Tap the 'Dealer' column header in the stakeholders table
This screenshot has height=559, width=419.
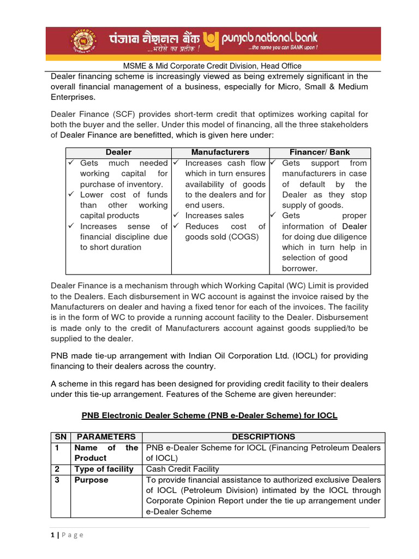point(118,152)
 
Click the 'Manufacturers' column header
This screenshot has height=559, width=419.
point(220,152)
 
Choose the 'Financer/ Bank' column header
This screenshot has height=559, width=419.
point(320,152)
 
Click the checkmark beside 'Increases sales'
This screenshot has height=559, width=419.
point(177,216)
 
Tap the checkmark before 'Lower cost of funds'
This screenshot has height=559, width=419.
point(71,195)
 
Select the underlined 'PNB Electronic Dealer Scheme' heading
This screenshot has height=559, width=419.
point(209,415)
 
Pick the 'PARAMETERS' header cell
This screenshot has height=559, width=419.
point(106,437)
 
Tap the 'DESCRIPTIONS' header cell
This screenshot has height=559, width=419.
point(264,437)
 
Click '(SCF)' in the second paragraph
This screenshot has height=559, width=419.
point(122,114)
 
